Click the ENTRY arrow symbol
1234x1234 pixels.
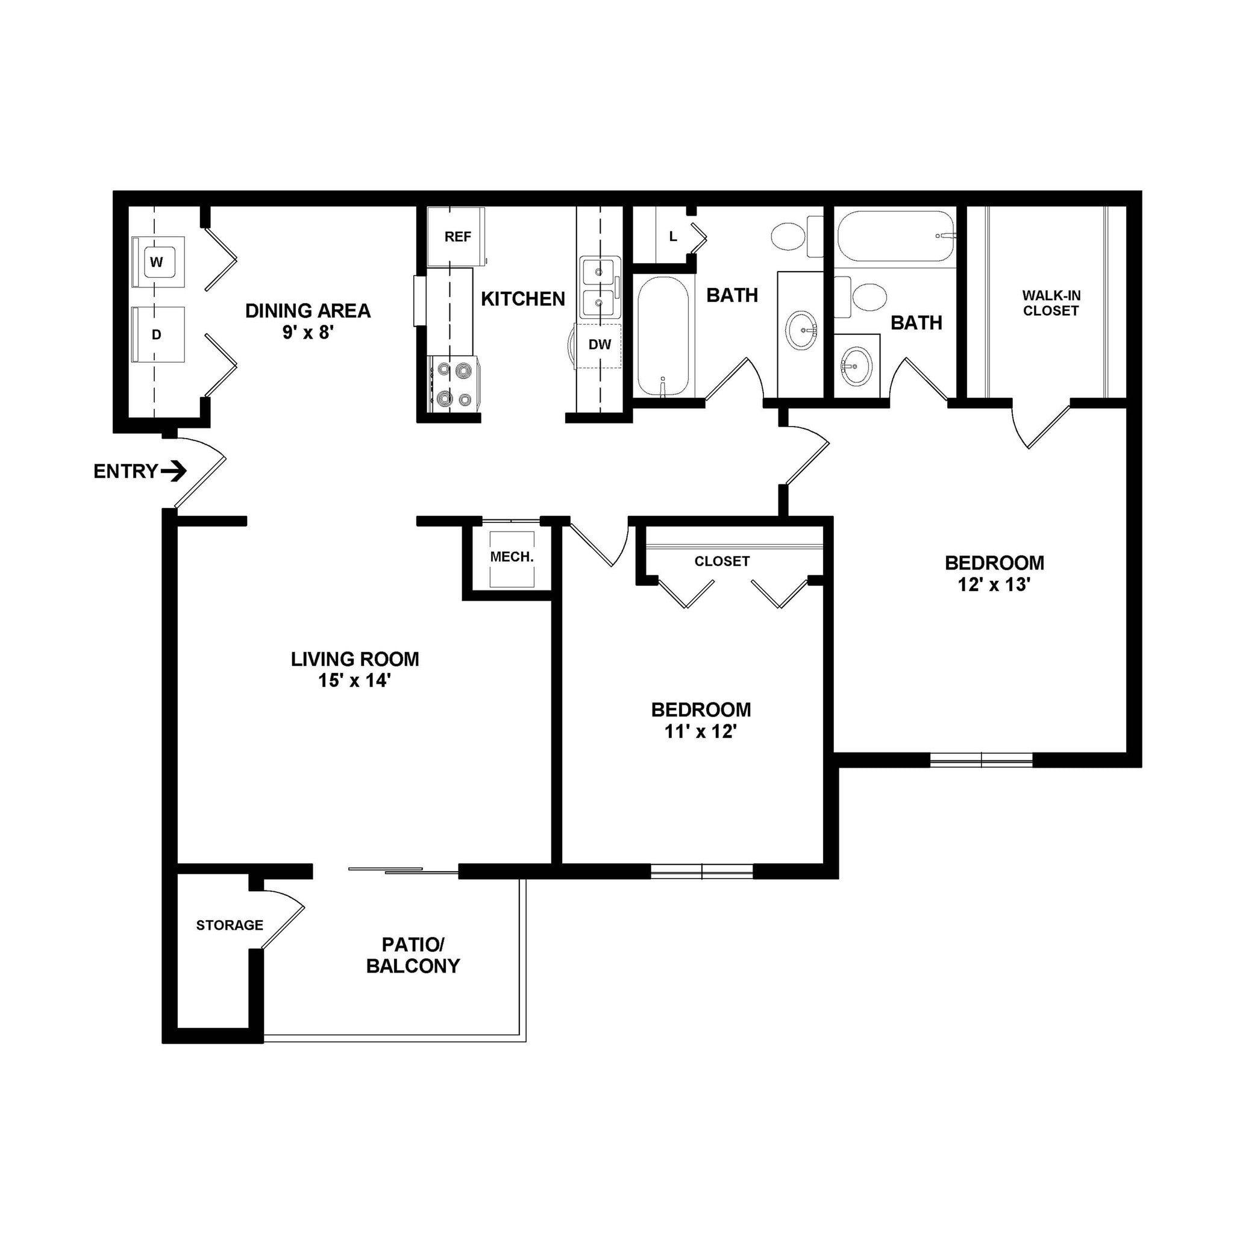coord(174,472)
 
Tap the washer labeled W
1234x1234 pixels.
coord(158,262)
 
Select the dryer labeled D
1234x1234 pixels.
coord(158,334)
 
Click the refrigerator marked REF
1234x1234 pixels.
coord(457,237)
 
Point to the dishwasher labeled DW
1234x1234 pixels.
coord(599,345)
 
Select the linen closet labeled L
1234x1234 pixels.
coord(672,237)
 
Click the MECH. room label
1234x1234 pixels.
coord(512,557)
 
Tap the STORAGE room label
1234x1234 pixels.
coord(230,925)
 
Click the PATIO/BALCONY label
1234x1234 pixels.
coord(413,956)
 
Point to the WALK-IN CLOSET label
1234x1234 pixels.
coord(1051,304)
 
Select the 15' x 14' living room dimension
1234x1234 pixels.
coord(354,681)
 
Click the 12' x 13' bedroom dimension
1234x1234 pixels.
coord(994,585)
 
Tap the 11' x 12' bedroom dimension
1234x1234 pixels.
coord(701,732)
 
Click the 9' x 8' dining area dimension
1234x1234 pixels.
coord(308,333)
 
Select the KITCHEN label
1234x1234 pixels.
coord(522,299)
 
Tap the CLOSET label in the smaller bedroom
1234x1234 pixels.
coord(722,562)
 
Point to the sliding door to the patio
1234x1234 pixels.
coord(404,870)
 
